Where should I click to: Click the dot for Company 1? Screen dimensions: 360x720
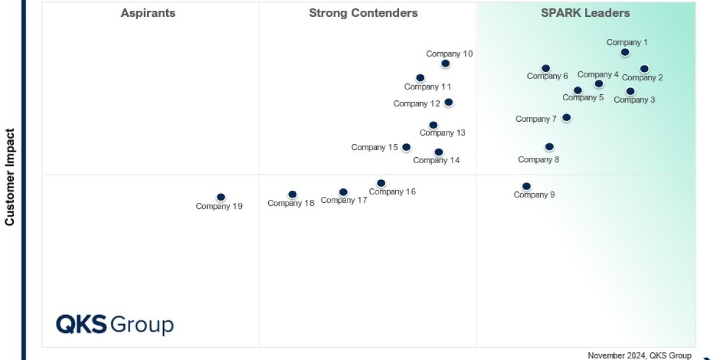(x=625, y=52)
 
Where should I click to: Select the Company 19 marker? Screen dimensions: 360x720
(x=221, y=197)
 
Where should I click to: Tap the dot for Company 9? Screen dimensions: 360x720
(x=526, y=186)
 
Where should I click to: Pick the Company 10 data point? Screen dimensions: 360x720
(x=445, y=63)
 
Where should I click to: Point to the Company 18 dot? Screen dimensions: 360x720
(x=292, y=194)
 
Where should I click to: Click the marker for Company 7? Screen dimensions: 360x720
(x=566, y=118)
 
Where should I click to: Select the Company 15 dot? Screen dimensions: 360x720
(x=406, y=147)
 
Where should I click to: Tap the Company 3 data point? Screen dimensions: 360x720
(x=630, y=91)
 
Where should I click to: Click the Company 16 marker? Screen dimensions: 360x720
(x=381, y=183)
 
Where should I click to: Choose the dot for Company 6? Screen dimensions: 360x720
(x=545, y=68)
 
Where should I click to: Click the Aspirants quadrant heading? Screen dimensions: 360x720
(x=148, y=13)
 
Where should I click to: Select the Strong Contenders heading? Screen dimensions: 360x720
(x=364, y=13)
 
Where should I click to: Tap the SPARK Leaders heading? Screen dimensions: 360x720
(x=586, y=13)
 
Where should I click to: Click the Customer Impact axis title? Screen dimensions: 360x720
(x=10, y=176)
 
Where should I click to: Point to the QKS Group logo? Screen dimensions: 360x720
(x=115, y=324)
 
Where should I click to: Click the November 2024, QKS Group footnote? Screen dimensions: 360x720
(x=640, y=355)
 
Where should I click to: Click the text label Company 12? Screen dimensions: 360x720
(x=416, y=103)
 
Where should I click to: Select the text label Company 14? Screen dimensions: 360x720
(x=437, y=160)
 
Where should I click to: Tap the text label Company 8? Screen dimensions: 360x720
(x=539, y=160)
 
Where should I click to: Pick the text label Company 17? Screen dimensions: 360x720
(x=344, y=200)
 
